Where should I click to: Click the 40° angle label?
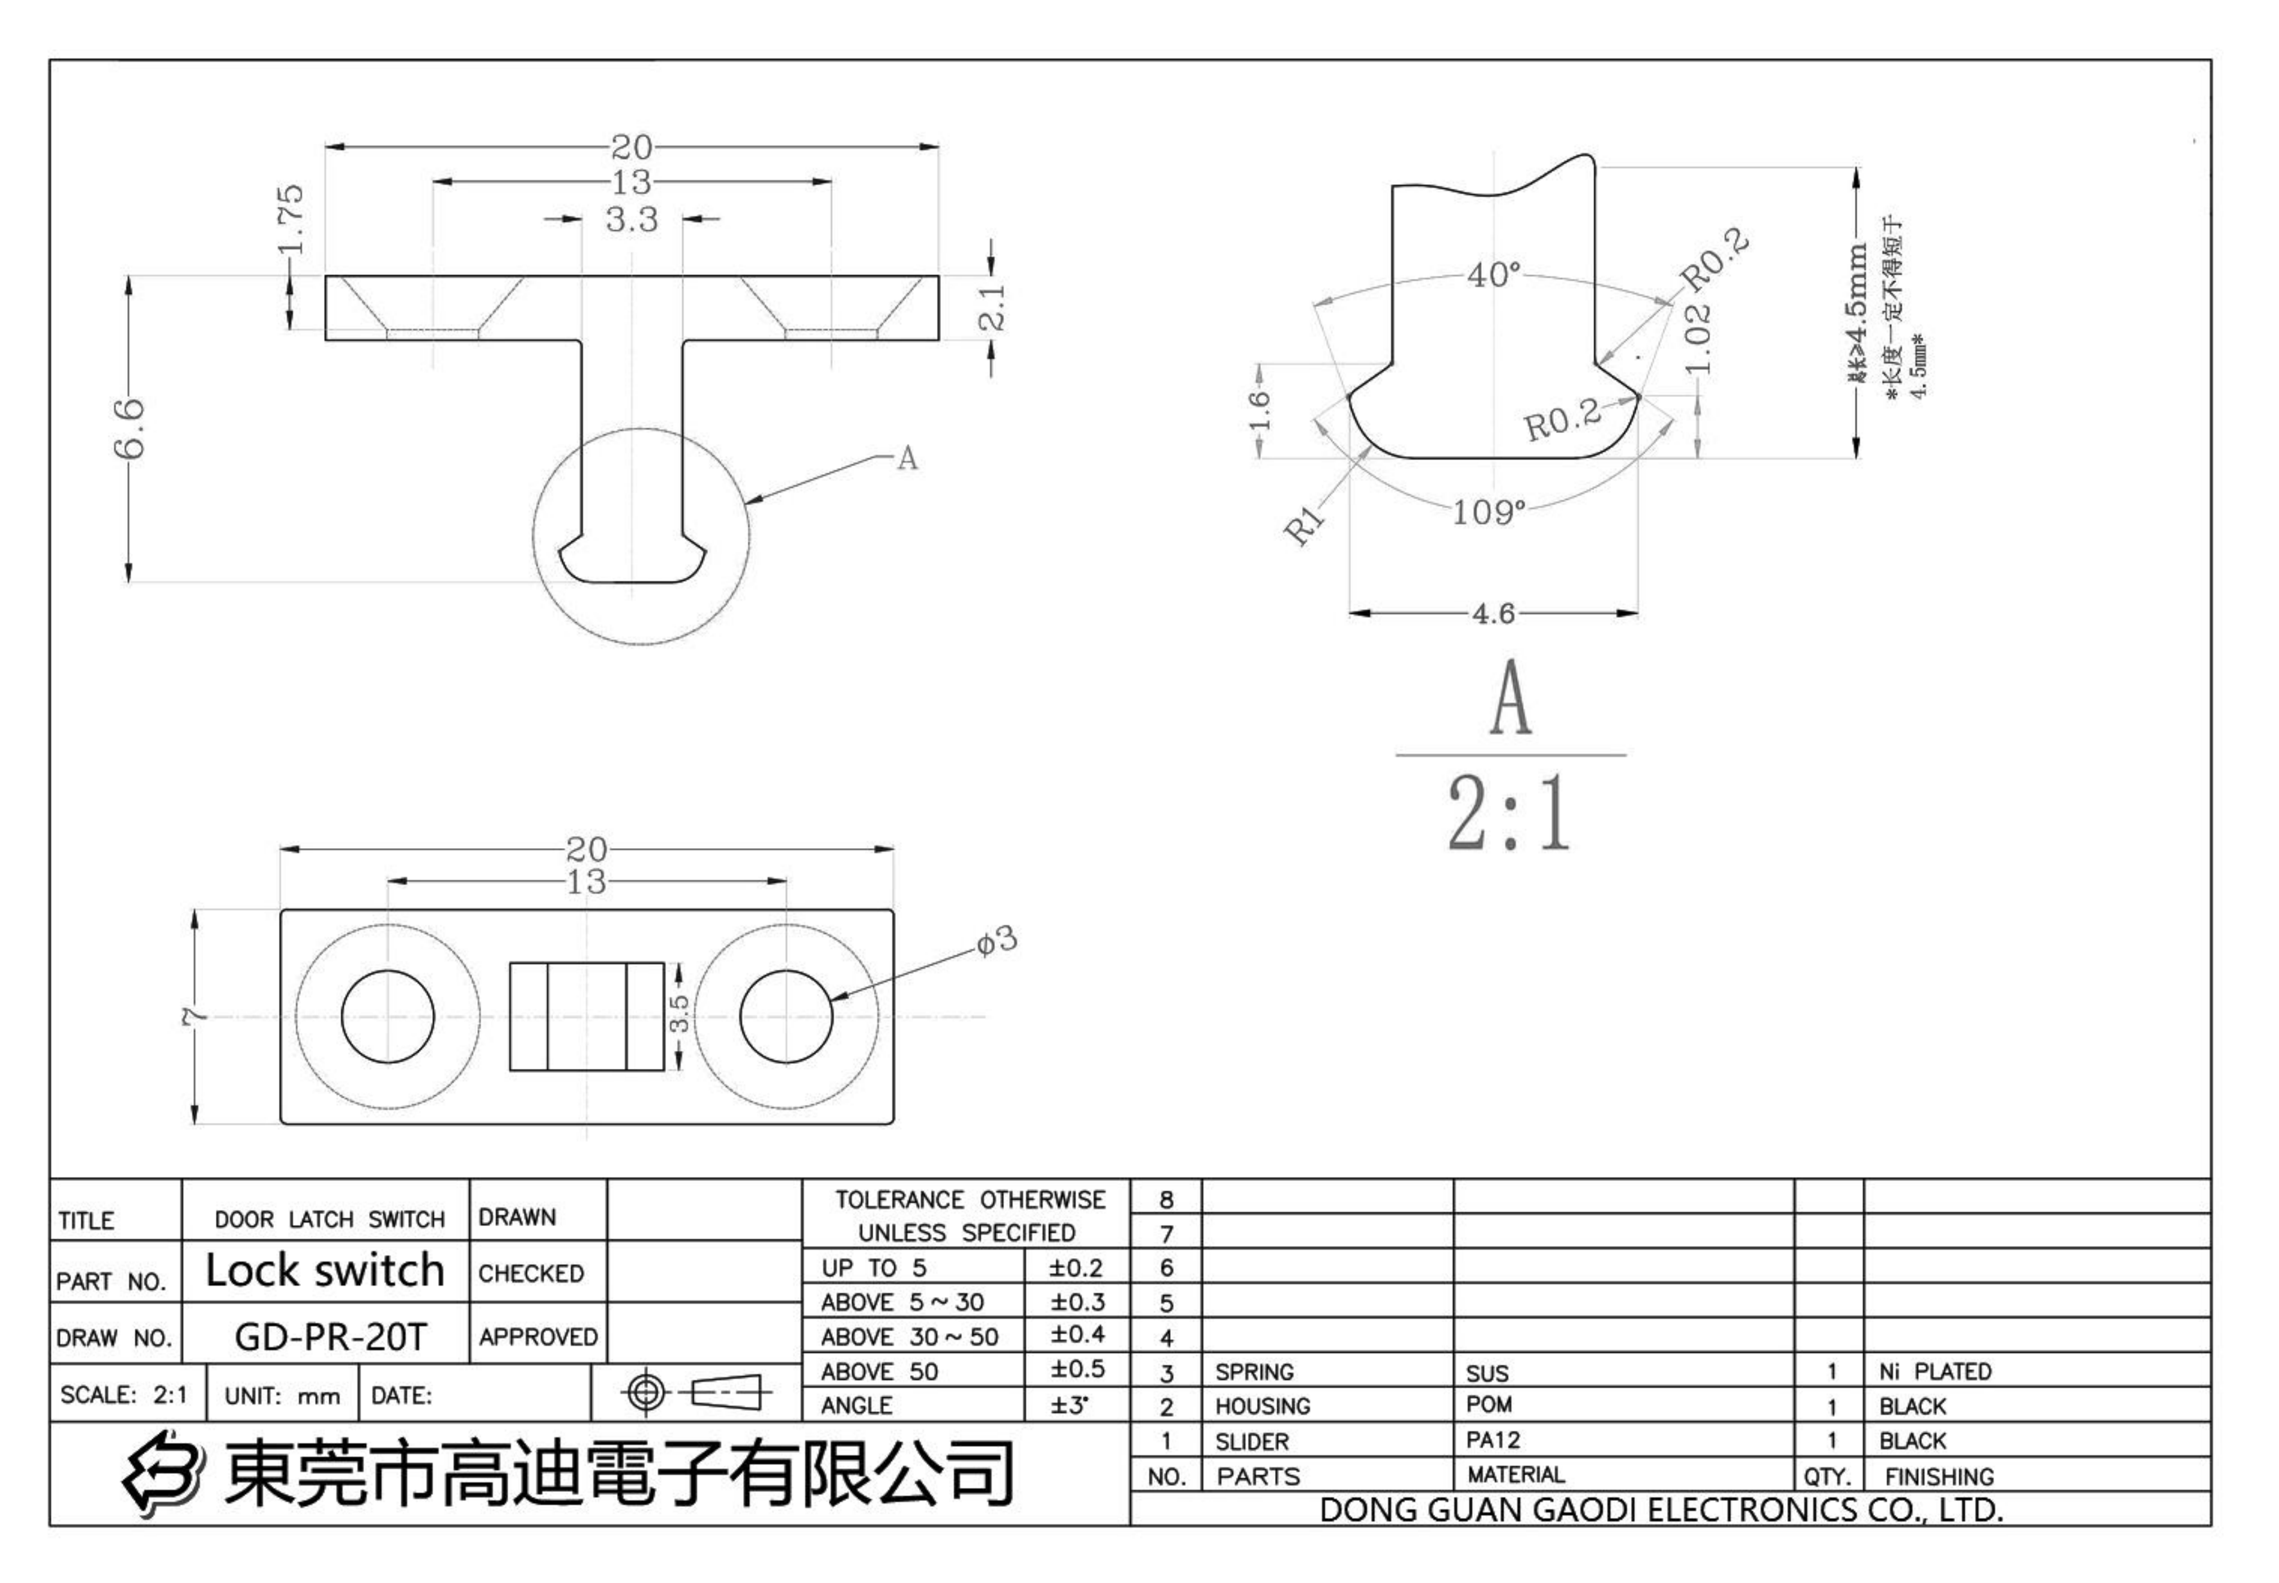pos(1493,275)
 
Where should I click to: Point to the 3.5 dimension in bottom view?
pos(679,1014)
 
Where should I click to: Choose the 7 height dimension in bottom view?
pos(196,1016)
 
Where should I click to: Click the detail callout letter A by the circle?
pos(907,458)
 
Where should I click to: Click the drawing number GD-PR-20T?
pos(330,1337)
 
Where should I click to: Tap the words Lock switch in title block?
pos(325,1270)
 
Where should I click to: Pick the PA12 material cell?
pos(1492,1439)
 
